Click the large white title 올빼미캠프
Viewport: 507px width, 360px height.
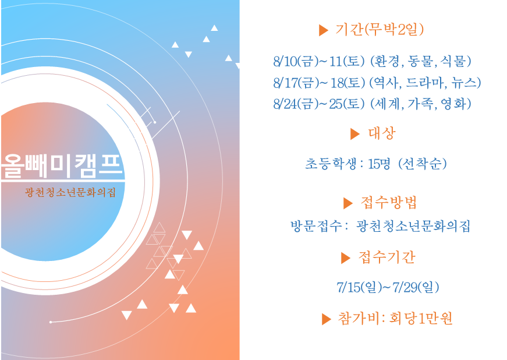click(62, 165)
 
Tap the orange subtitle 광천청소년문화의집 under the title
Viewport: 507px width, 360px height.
click(70, 192)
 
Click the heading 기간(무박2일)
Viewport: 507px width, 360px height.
click(380, 30)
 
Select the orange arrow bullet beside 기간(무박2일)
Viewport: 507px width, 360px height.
click(323, 30)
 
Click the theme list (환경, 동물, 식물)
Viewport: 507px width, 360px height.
click(420, 61)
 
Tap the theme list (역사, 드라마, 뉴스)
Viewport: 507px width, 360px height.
click(425, 83)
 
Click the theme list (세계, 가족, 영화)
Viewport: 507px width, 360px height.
click(420, 104)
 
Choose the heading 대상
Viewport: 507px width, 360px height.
click(382, 133)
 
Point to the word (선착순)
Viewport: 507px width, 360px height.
click(422, 164)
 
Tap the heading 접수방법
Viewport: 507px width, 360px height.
click(389, 203)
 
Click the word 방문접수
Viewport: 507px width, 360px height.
click(316, 226)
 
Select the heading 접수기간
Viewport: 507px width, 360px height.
click(387, 257)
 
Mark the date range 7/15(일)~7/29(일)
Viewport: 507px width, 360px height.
click(388, 287)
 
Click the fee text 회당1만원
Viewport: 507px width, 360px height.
click(421, 318)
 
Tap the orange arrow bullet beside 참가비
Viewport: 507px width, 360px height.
click(327, 319)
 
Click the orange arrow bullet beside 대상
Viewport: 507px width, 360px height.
click(355, 133)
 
